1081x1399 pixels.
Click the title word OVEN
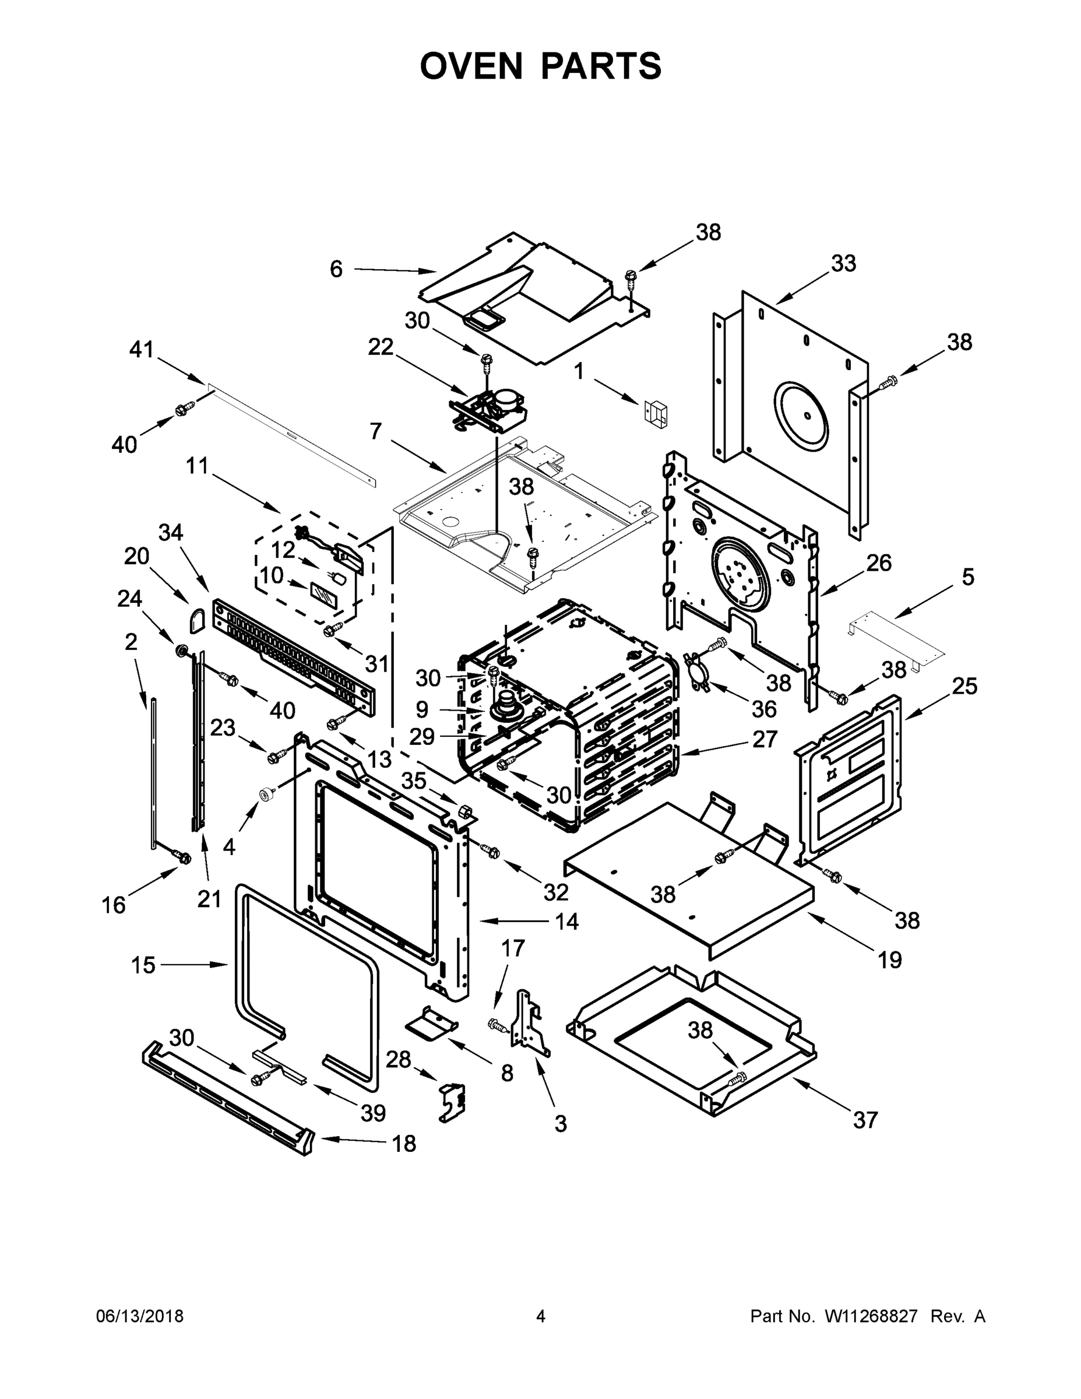pyautogui.click(x=471, y=66)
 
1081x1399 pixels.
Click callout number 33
pyautogui.click(x=843, y=263)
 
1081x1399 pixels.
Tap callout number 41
pyautogui.click(x=142, y=350)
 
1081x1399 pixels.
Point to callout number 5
pyautogui.click(x=967, y=577)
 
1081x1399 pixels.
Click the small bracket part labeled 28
pyautogui.click(x=452, y=1101)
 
